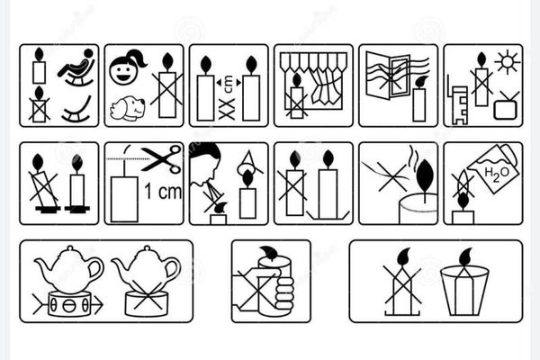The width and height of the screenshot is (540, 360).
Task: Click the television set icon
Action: tap(505, 108)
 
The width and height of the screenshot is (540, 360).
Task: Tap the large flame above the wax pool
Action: tap(422, 176)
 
